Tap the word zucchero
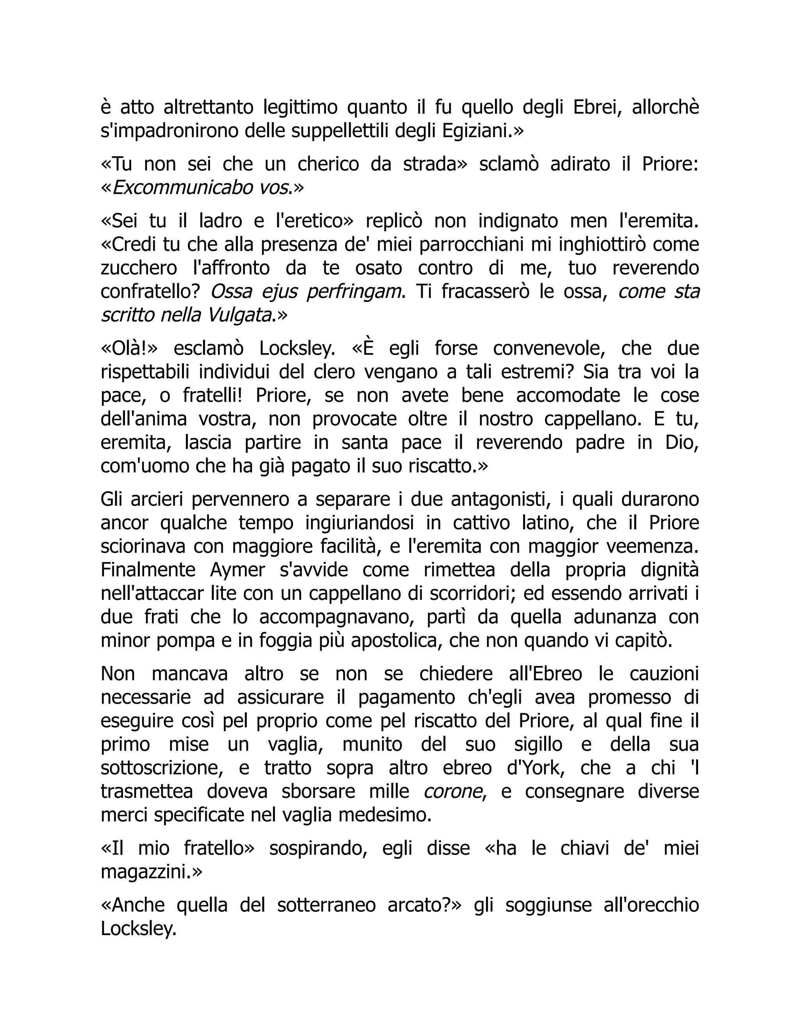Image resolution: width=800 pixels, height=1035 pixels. [x=138, y=268]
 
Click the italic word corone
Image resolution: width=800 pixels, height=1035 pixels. [x=453, y=791]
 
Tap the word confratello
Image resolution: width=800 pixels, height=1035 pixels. [x=149, y=291]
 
